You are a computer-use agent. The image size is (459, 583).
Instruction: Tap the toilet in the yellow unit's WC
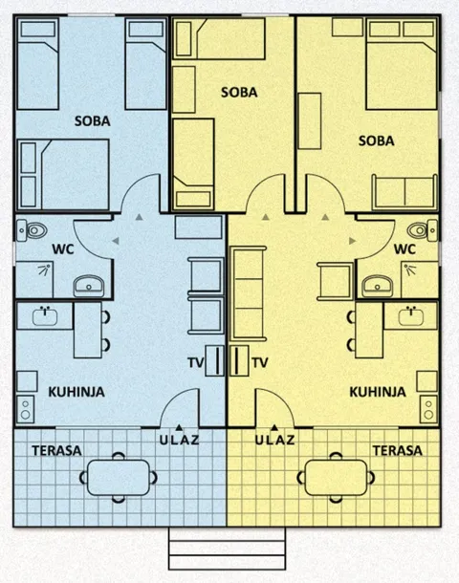pyautogui.click(x=422, y=230)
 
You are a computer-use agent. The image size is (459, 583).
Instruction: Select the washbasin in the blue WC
pyautogui.click(x=89, y=286)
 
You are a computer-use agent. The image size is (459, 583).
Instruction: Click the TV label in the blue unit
pyautogui.click(x=196, y=362)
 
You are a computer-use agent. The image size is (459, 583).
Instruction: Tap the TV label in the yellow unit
pyautogui.click(x=260, y=362)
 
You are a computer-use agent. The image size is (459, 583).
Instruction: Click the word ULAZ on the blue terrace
pyautogui.click(x=179, y=440)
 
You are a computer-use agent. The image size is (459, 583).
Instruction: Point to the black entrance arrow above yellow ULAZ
pyautogui.click(x=274, y=427)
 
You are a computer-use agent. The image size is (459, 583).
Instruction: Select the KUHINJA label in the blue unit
pyautogui.click(x=76, y=392)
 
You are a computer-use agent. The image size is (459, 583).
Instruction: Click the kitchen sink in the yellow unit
pyautogui.click(x=411, y=315)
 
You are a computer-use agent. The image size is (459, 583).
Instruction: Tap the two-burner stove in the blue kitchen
pyautogui.click(x=26, y=408)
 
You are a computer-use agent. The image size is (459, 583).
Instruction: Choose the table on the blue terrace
pyautogui.click(x=119, y=478)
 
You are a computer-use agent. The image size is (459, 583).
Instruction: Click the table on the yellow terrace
pyautogui.click(x=337, y=478)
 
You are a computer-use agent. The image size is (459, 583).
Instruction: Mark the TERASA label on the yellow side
pyautogui.click(x=398, y=451)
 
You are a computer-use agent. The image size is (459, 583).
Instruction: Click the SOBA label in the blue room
pyautogui.click(x=93, y=121)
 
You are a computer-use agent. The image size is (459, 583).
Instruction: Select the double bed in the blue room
pyautogui.click(x=64, y=174)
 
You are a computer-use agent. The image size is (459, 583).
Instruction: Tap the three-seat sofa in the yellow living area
pyautogui.click(x=249, y=293)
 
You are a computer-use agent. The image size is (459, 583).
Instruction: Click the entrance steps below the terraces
pyautogui.click(x=227, y=549)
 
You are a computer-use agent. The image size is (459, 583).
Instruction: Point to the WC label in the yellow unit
pyautogui.click(x=404, y=249)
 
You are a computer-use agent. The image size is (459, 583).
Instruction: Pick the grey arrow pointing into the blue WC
pyautogui.click(x=116, y=241)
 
